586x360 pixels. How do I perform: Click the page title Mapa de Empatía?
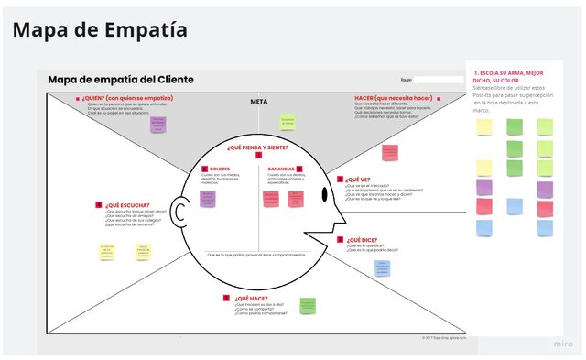click(100, 29)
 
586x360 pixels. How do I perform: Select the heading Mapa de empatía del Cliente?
click(121, 80)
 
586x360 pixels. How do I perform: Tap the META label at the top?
click(258, 101)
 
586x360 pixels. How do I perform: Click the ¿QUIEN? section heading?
click(127, 98)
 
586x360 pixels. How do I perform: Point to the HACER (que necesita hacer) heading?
click(393, 98)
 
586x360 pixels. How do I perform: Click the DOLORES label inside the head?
click(220, 169)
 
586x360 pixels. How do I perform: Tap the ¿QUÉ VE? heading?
click(358, 180)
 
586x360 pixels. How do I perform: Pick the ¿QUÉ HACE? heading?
click(250, 298)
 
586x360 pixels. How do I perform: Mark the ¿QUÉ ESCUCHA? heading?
click(125, 205)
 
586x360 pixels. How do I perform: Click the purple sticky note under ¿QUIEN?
click(158, 125)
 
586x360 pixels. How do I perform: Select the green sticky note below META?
click(288, 122)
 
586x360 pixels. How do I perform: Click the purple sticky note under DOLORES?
click(208, 198)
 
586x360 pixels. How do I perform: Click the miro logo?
click(562, 344)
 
